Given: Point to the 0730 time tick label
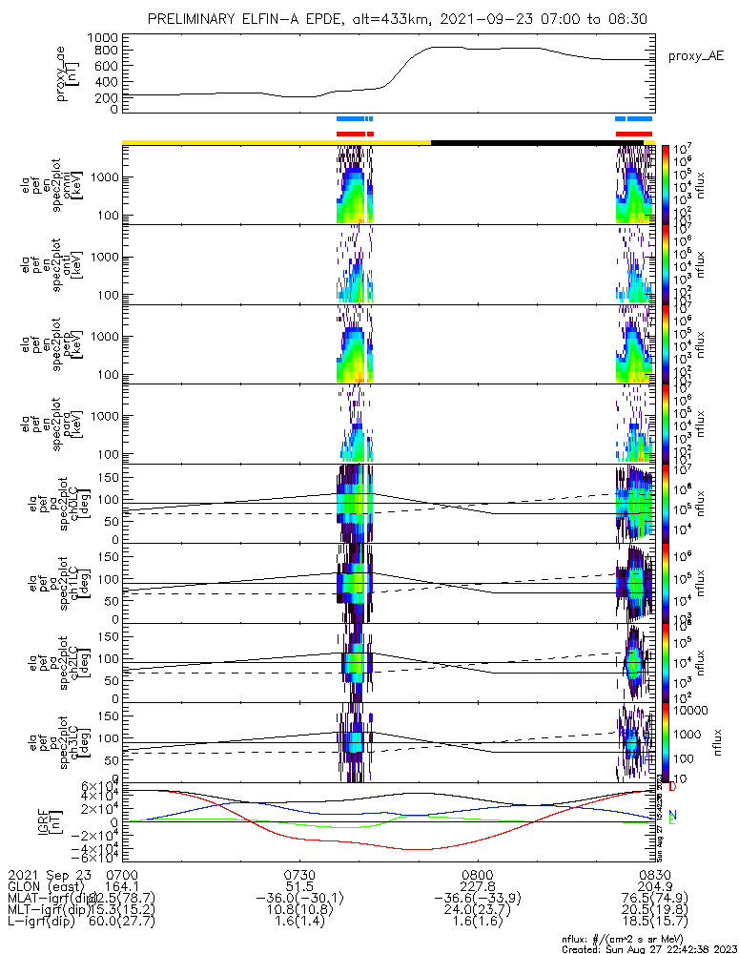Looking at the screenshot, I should (299, 874).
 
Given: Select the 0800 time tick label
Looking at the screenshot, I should (477, 874).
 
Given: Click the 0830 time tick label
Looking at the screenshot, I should (654, 874).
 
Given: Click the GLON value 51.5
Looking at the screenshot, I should (299, 886).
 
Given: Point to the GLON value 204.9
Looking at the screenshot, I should (654, 886).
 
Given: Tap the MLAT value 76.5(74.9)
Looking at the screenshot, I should (654, 898).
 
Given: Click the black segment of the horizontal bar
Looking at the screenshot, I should (534, 142).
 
